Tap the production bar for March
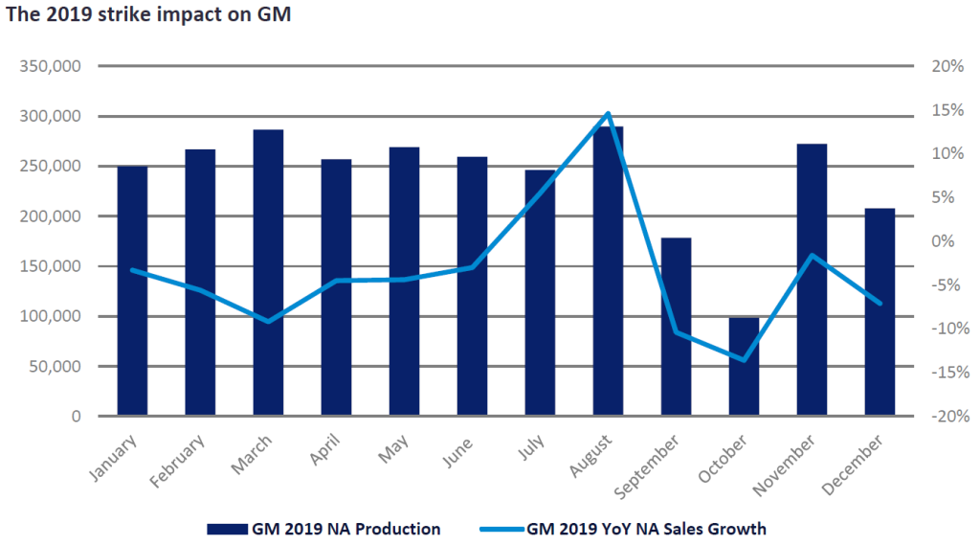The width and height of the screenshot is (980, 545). [268, 273]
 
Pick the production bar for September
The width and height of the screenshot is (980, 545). [676, 327]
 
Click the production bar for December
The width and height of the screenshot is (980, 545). [880, 312]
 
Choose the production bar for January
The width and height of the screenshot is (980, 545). [132, 291]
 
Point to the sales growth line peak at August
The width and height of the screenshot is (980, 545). [608, 114]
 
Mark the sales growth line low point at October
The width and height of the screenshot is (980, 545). [744, 360]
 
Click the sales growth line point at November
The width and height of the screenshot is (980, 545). [812, 256]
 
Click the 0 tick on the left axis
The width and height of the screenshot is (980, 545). [75, 417]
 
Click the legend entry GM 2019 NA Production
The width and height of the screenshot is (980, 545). [323, 528]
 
